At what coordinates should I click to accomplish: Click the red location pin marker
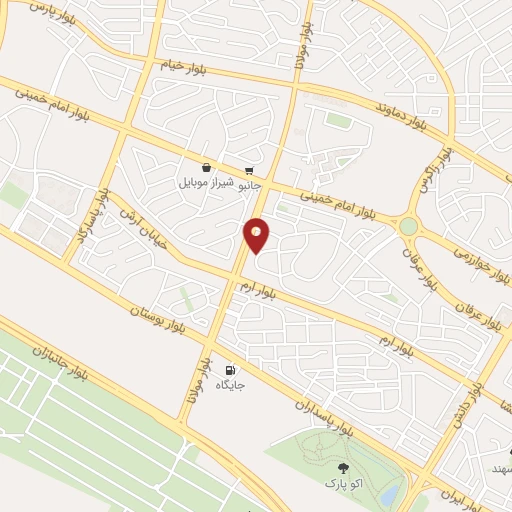[257, 235]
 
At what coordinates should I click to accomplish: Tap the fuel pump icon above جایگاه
[232, 369]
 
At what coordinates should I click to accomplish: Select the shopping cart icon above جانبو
[248, 171]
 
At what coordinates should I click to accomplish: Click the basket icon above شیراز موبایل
[206, 168]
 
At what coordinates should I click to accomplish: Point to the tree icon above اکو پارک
[344, 468]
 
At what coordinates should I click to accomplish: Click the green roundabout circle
[408, 227]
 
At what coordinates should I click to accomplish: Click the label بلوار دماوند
[374, 104]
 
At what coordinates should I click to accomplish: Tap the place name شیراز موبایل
[207, 183]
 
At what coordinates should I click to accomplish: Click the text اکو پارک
[344, 483]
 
